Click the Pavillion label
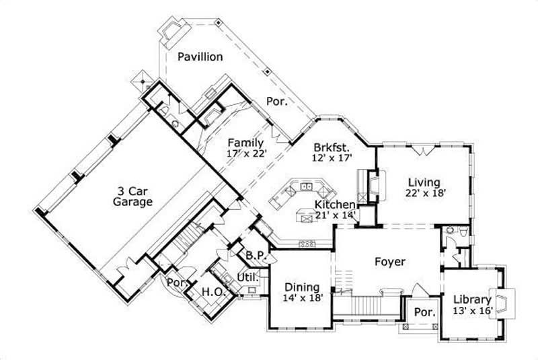(x=200, y=57)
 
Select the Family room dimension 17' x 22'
(x=247, y=153)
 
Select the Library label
(x=473, y=300)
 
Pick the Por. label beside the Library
(x=424, y=313)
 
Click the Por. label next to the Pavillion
(x=278, y=102)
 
